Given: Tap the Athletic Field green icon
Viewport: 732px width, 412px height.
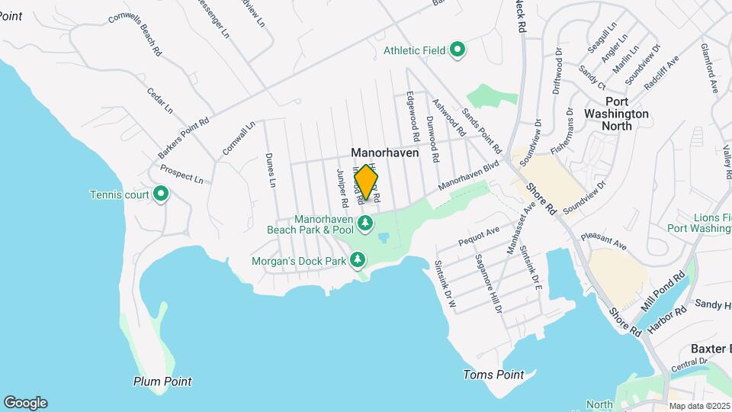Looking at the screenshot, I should click(457, 51).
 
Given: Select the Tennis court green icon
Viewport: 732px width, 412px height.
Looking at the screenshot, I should click(161, 195).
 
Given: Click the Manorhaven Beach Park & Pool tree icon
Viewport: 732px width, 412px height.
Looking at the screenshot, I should click(367, 223).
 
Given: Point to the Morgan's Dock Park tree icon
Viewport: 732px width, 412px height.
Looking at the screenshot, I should click(358, 261).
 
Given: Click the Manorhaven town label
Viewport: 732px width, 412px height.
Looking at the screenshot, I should click(385, 153).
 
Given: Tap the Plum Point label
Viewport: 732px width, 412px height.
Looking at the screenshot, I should click(162, 381).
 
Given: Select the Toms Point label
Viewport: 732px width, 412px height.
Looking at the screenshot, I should click(494, 375).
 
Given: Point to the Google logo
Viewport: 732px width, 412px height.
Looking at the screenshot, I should click(25, 403).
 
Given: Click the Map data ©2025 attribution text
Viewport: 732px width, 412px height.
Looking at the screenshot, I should click(699, 406).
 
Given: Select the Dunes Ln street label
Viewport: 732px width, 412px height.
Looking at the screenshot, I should click(271, 170).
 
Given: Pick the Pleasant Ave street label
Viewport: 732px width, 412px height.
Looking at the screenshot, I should click(602, 242).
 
